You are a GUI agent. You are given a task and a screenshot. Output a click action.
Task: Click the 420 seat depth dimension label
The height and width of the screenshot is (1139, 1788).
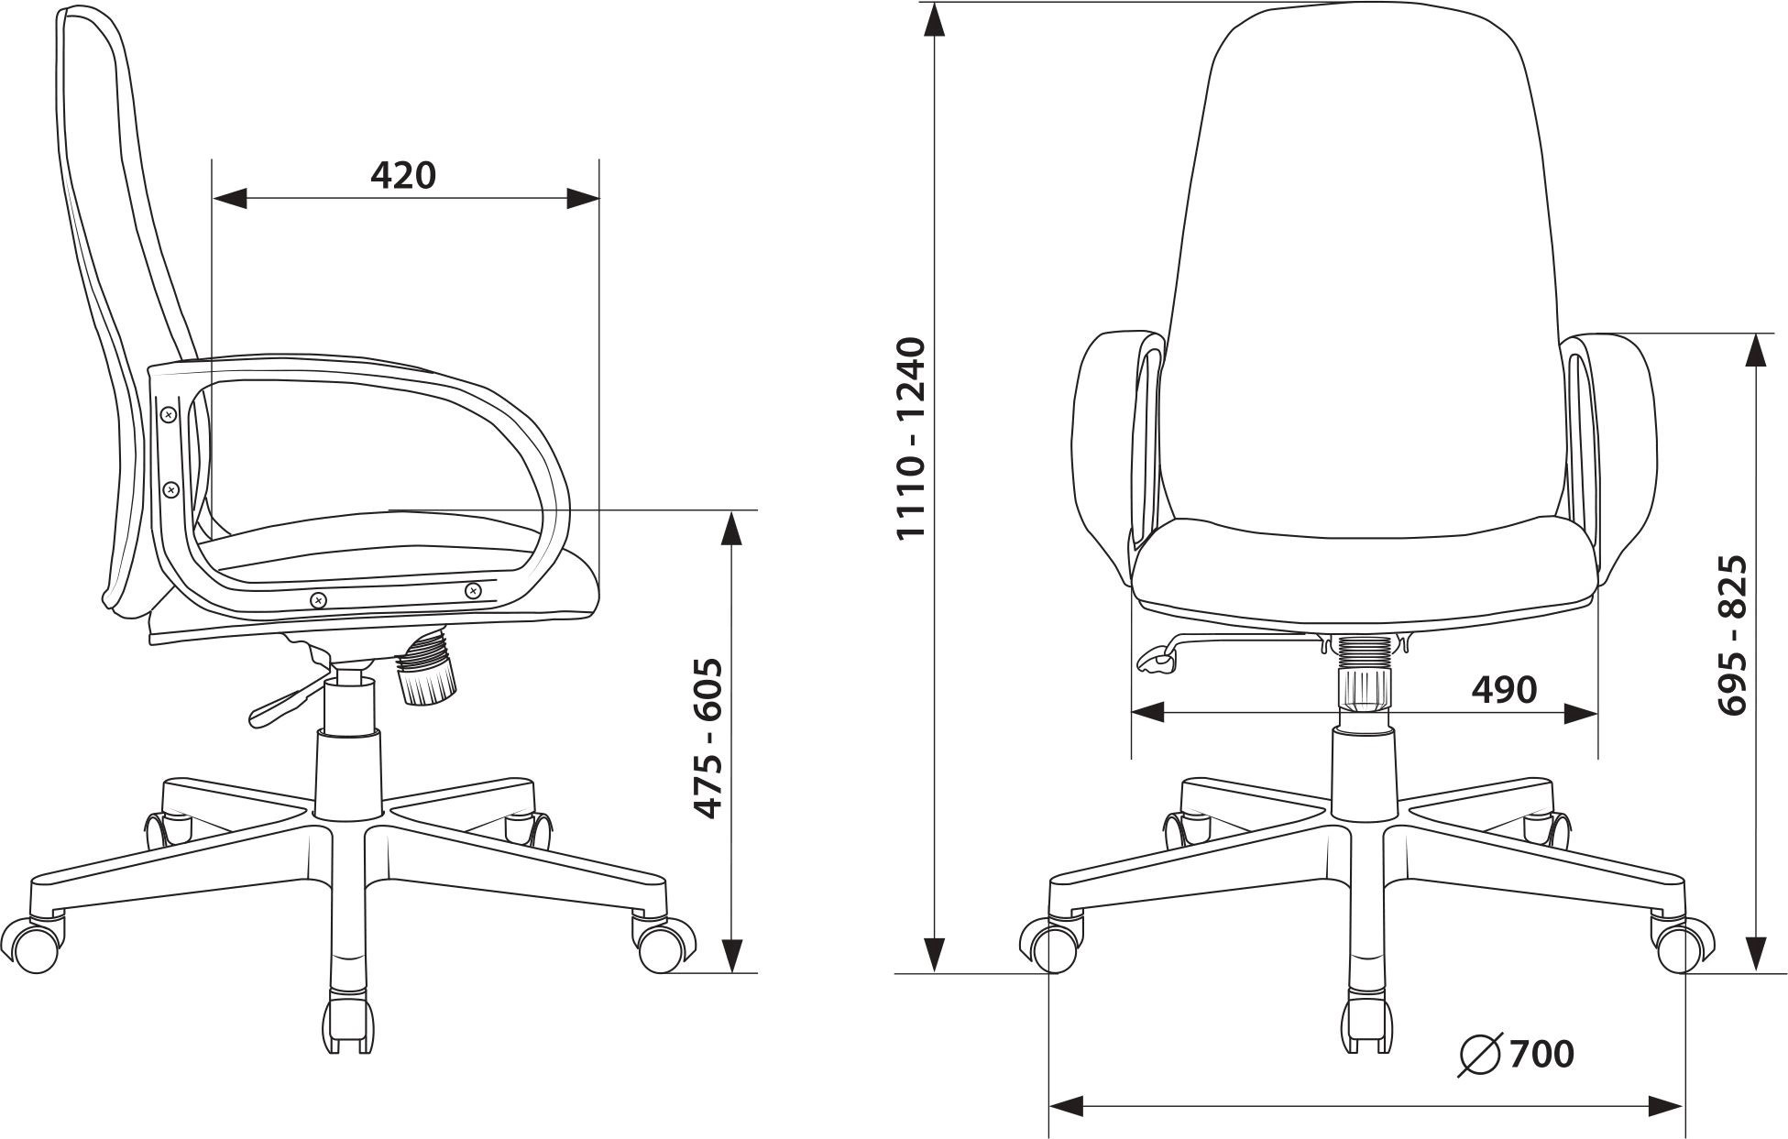pos(403,174)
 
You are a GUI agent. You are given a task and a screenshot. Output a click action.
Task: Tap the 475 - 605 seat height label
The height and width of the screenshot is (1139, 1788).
pos(708,738)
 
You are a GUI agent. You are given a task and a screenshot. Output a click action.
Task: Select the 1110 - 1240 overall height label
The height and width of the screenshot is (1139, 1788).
pos(913,439)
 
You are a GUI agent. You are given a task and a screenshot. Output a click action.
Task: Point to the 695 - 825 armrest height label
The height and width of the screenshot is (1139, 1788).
pos(1732,635)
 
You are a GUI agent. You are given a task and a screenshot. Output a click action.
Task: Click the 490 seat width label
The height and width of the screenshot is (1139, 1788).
pos(1504,689)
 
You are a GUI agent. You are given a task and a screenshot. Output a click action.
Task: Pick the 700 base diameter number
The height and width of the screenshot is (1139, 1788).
pos(1542,1054)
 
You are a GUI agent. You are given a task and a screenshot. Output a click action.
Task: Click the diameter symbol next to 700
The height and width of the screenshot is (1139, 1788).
pos(1480,1055)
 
